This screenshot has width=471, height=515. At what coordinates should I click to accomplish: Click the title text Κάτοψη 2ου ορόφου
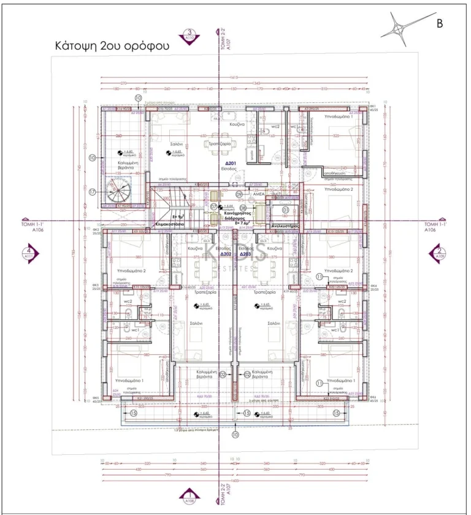pyautogui.click(x=112, y=45)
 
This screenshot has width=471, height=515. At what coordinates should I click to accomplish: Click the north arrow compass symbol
pyautogui.click(x=399, y=30)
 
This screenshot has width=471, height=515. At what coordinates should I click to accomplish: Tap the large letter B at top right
pyautogui.click(x=439, y=24)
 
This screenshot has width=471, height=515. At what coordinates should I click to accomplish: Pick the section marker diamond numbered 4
pyautogui.click(x=29, y=252)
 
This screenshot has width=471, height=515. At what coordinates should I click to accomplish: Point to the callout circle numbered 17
pyautogui.click(x=92, y=191)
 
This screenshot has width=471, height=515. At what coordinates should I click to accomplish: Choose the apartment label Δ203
pyautogui.click(x=246, y=253)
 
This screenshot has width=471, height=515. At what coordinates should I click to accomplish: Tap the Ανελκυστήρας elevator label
pyautogui.click(x=285, y=226)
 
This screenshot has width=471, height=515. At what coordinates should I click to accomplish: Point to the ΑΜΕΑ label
pyautogui.click(x=259, y=193)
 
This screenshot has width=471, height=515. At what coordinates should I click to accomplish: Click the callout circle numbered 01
pyautogui.click(x=285, y=210)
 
